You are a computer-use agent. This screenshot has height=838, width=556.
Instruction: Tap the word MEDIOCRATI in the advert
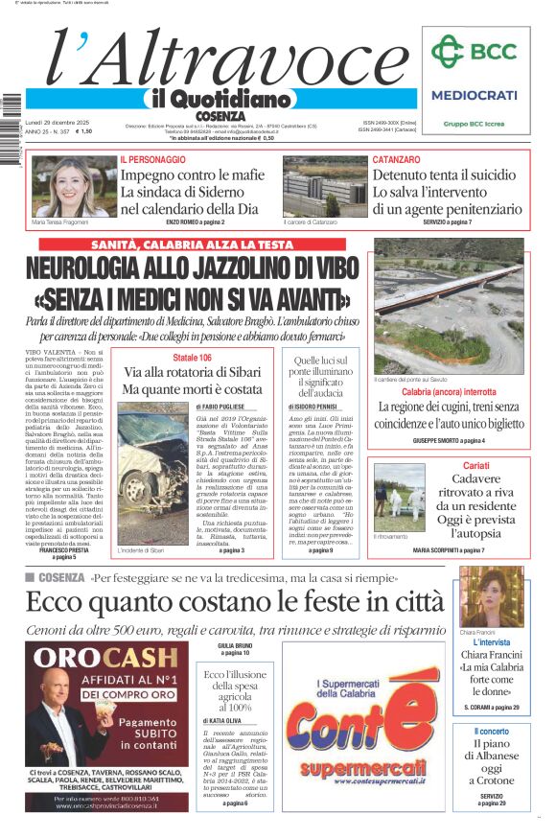tap(474, 95)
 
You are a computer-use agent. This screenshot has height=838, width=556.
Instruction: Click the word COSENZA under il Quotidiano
tap(220, 116)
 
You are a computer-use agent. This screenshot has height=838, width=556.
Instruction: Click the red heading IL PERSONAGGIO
tap(153, 159)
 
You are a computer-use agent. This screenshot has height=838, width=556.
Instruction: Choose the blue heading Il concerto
tap(491, 732)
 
